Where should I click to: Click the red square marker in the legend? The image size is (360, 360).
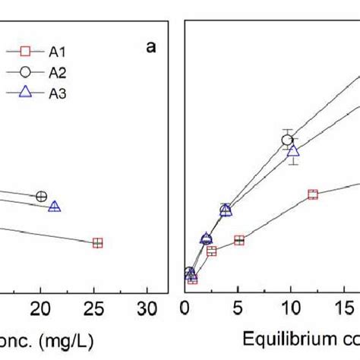[x=25, y=52]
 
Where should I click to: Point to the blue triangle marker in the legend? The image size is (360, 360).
[x=25, y=93]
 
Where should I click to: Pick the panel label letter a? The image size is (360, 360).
[x=151, y=48]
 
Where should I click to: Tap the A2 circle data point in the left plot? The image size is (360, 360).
[x=42, y=196]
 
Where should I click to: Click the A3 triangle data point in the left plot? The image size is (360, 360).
[x=55, y=206]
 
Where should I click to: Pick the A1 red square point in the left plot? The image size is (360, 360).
[x=97, y=243]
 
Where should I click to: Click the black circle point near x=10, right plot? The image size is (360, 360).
[x=287, y=140]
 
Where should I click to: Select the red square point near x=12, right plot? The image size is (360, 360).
[x=312, y=194]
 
